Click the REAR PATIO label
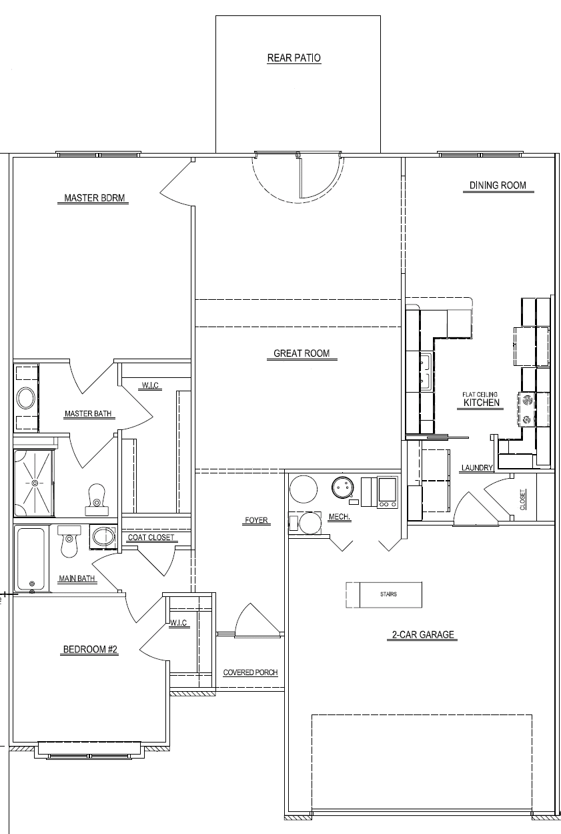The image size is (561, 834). [x=294, y=58]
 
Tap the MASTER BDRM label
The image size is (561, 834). [x=95, y=198]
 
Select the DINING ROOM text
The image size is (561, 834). [x=498, y=186]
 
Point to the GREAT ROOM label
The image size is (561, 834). [x=302, y=353]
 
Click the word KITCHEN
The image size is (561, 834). [x=482, y=403]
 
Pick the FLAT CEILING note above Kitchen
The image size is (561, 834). [x=480, y=394]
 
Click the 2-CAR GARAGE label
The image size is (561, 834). [x=423, y=634]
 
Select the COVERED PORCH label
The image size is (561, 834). [x=250, y=672]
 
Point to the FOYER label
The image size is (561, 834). [x=256, y=520]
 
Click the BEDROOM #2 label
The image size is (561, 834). [x=91, y=649]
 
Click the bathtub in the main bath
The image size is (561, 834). [x=31, y=558]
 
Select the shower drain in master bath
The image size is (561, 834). [x=35, y=483]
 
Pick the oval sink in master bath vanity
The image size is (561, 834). [x=26, y=399]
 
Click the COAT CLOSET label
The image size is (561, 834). [x=151, y=538]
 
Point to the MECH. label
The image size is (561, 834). [x=340, y=517]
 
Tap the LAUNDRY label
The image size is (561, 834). [x=477, y=467]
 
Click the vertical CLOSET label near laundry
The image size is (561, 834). [x=523, y=499]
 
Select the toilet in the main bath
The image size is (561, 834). [x=69, y=542]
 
